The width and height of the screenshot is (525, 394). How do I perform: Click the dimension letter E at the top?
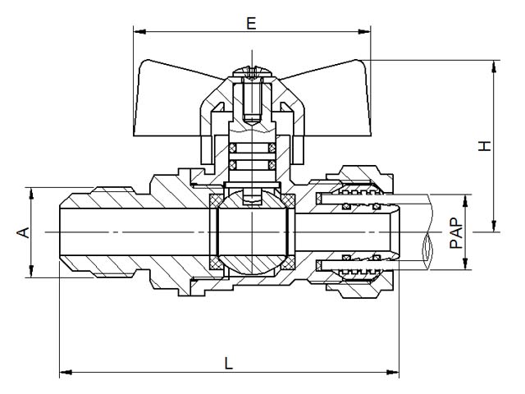[x=251, y=24]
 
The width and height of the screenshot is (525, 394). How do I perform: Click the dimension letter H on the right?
[x=484, y=146]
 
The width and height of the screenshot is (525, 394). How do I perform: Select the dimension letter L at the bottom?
[x=229, y=363]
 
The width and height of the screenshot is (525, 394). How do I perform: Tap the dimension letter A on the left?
[x=24, y=232]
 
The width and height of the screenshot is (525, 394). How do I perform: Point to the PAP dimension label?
[x=456, y=233]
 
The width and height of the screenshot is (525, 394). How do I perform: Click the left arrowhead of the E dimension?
[x=139, y=32]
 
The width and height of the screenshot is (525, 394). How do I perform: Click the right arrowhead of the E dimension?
[x=364, y=32]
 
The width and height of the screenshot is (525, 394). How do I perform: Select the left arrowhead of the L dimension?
[x=66, y=372]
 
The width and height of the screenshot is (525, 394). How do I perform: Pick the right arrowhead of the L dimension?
[x=393, y=372]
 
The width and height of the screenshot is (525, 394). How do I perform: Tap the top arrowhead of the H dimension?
[x=494, y=66]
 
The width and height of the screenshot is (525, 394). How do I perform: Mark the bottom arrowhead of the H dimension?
[x=494, y=226]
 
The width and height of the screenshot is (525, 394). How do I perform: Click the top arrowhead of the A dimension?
[x=31, y=194]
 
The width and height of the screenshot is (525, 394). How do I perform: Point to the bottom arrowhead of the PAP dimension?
[x=465, y=263]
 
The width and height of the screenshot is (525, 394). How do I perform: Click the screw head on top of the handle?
[x=253, y=71]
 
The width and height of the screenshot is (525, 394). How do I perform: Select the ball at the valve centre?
[x=252, y=232]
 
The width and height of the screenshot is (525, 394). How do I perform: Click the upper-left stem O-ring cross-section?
[x=232, y=148]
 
